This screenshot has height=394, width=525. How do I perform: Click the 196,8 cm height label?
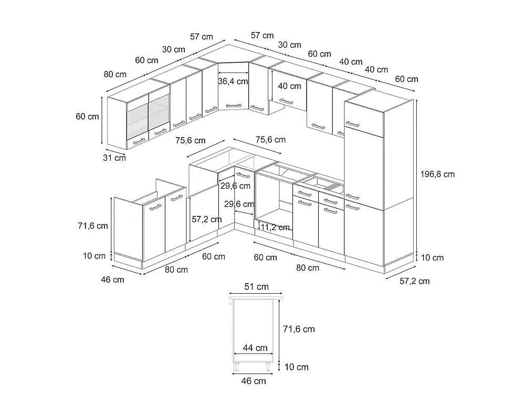[x=437, y=174]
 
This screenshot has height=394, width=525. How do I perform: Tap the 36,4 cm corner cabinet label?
[x=233, y=81]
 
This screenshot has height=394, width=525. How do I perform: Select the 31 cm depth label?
[x=114, y=158]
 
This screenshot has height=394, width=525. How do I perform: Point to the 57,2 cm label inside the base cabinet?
[x=206, y=220]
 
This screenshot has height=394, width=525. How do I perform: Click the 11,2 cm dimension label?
[x=275, y=227]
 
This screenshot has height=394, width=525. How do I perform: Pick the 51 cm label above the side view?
[x=257, y=287]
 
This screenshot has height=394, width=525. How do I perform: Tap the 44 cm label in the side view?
[x=255, y=348]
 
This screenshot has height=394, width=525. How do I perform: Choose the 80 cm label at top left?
[x=115, y=75]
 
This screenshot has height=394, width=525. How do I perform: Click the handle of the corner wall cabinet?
[x=234, y=106]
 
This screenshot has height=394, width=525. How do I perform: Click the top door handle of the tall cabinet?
[x=352, y=124]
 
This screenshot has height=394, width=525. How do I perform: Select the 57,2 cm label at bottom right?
[x=415, y=281]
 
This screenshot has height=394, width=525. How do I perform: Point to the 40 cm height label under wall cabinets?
[x=289, y=86]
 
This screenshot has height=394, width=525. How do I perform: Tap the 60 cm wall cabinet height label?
[x=87, y=117]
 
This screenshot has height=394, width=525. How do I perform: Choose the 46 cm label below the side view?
[x=254, y=381]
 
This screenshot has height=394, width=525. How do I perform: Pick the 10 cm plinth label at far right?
[x=432, y=257]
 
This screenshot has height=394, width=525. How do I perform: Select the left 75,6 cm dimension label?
[x=190, y=140]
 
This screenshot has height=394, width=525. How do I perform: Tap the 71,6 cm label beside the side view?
[x=299, y=329]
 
